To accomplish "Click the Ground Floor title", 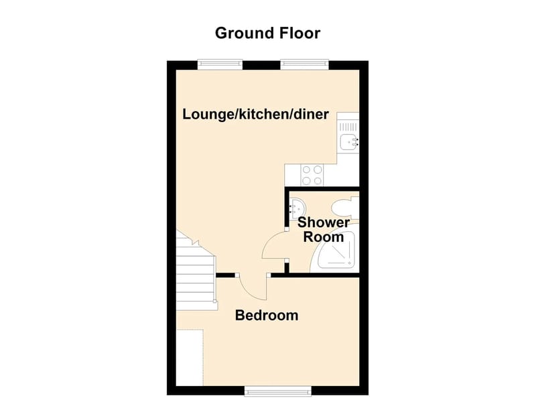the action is [x=267, y=33].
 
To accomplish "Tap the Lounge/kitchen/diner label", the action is [x=255, y=114].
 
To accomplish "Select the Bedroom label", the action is [x=267, y=315].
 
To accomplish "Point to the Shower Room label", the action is [x=324, y=230].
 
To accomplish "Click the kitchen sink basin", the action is [x=349, y=142].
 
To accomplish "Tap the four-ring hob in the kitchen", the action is [x=312, y=175].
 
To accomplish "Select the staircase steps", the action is [x=196, y=274].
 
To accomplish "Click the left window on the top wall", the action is [x=220, y=64].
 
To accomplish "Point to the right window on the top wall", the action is [x=305, y=64].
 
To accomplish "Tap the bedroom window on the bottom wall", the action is [x=278, y=391].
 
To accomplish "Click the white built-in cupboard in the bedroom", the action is [x=190, y=358].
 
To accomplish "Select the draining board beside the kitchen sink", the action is [x=348, y=127].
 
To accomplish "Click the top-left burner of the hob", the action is [x=307, y=170].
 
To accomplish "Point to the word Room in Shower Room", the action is [x=324, y=237].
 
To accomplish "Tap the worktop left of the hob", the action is [x=293, y=175].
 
